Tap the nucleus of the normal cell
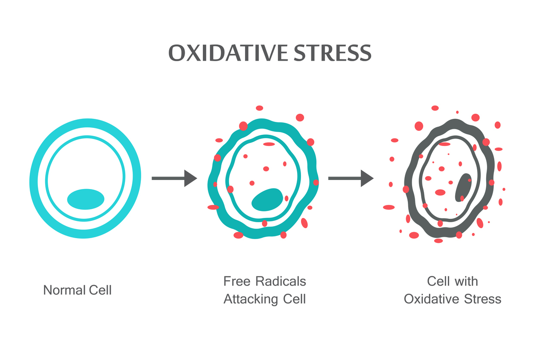point(86,199)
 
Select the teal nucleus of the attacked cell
point(267,200)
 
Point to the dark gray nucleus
point(463,187)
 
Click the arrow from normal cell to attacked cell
point(174,178)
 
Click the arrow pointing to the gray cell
point(351,178)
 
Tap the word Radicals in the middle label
point(281,282)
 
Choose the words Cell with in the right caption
point(452,282)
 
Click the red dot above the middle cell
point(259,108)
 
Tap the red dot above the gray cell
point(435,108)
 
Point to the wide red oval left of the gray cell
point(389,207)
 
